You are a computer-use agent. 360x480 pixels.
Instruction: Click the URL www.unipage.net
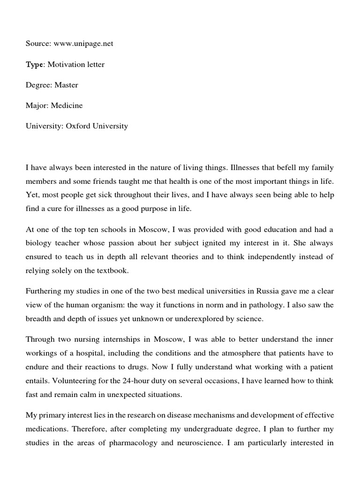(x=83, y=44)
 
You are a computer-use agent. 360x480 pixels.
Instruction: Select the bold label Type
(x=34, y=64)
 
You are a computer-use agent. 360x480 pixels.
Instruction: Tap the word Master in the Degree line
(x=66, y=85)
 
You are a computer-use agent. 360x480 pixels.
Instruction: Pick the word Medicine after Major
(x=67, y=105)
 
